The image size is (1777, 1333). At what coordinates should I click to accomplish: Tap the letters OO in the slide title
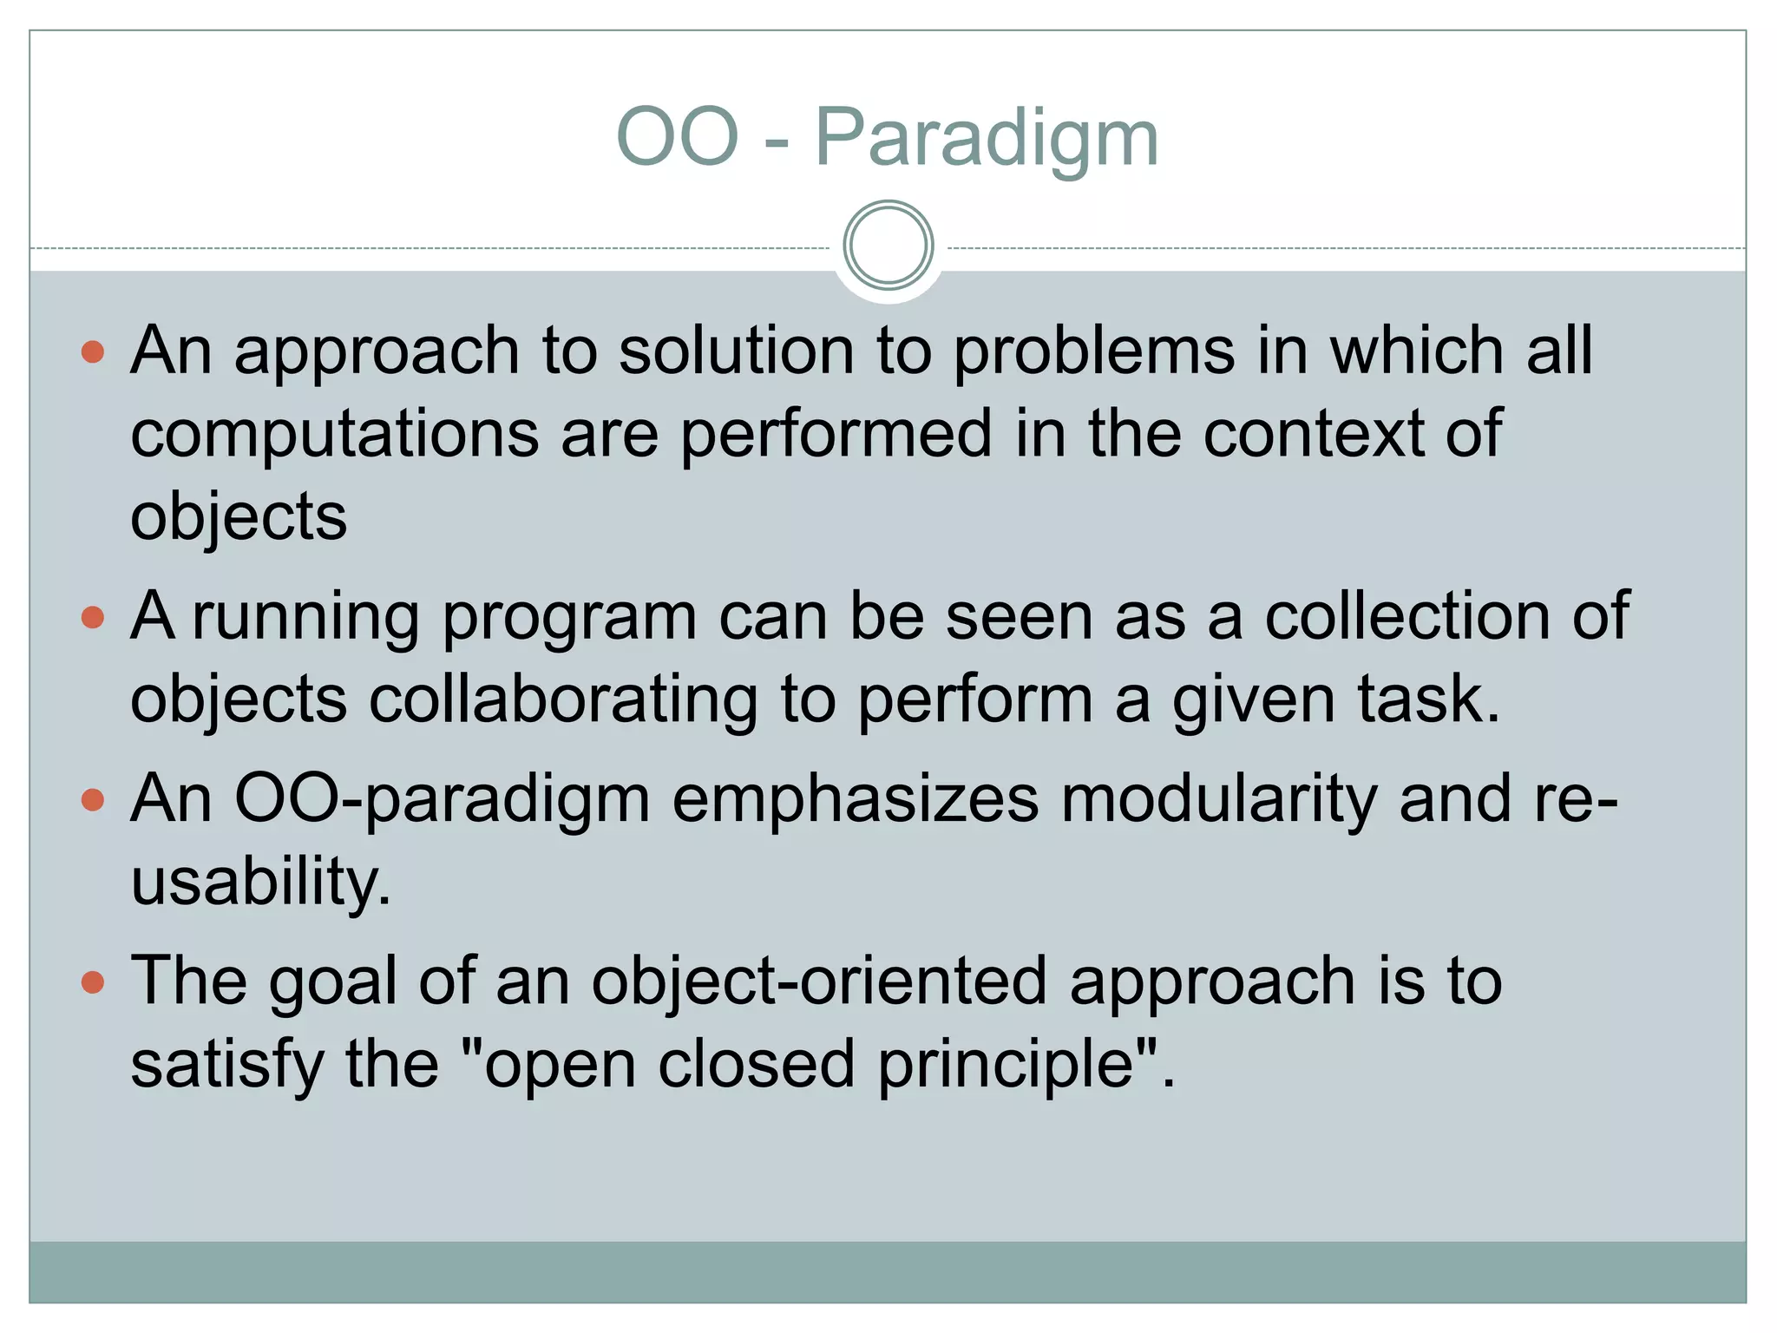[x=677, y=137]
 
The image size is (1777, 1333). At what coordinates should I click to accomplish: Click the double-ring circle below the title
[x=888, y=246]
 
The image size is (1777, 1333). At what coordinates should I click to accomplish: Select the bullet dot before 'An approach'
[x=92, y=351]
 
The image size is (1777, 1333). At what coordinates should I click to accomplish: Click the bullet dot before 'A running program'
[x=92, y=617]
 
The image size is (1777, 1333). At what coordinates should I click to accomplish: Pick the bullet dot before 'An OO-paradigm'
[x=92, y=799]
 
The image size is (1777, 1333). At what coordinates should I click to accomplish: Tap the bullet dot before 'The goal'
[x=92, y=982]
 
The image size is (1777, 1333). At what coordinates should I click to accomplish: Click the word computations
[x=334, y=434]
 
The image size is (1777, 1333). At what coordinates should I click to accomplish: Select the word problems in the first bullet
[x=1094, y=351]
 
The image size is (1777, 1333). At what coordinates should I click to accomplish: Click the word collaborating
[x=563, y=699]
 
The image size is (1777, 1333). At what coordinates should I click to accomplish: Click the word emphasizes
[x=855, y=798]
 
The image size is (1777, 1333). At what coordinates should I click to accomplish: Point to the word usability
[x=260, y=882]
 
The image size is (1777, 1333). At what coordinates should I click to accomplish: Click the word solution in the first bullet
[x=737, y=351]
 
